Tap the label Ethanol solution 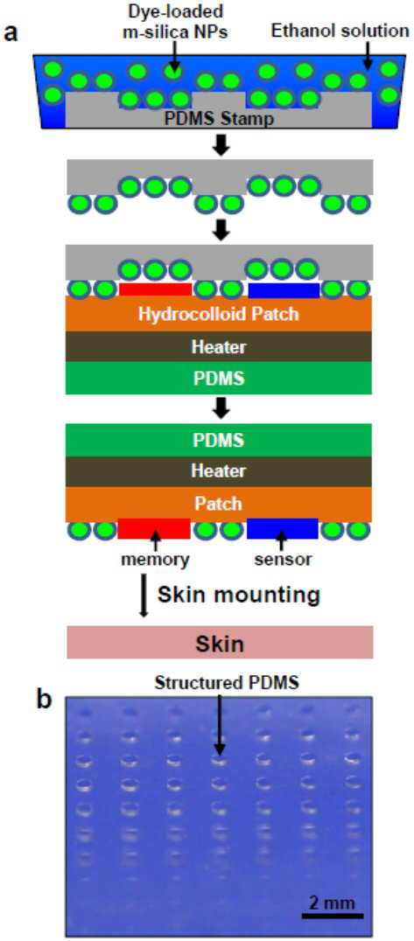tap(340, 31)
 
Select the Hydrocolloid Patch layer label tap(219, 313)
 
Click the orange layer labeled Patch tap(219, 504)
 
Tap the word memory tap(155, 560)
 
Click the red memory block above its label tap(154, 529)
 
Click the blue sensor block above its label tap(283, 529)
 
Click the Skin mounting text tap(237, 596)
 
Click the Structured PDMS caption tap(219, 684)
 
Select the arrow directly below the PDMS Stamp tap(221, 146)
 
